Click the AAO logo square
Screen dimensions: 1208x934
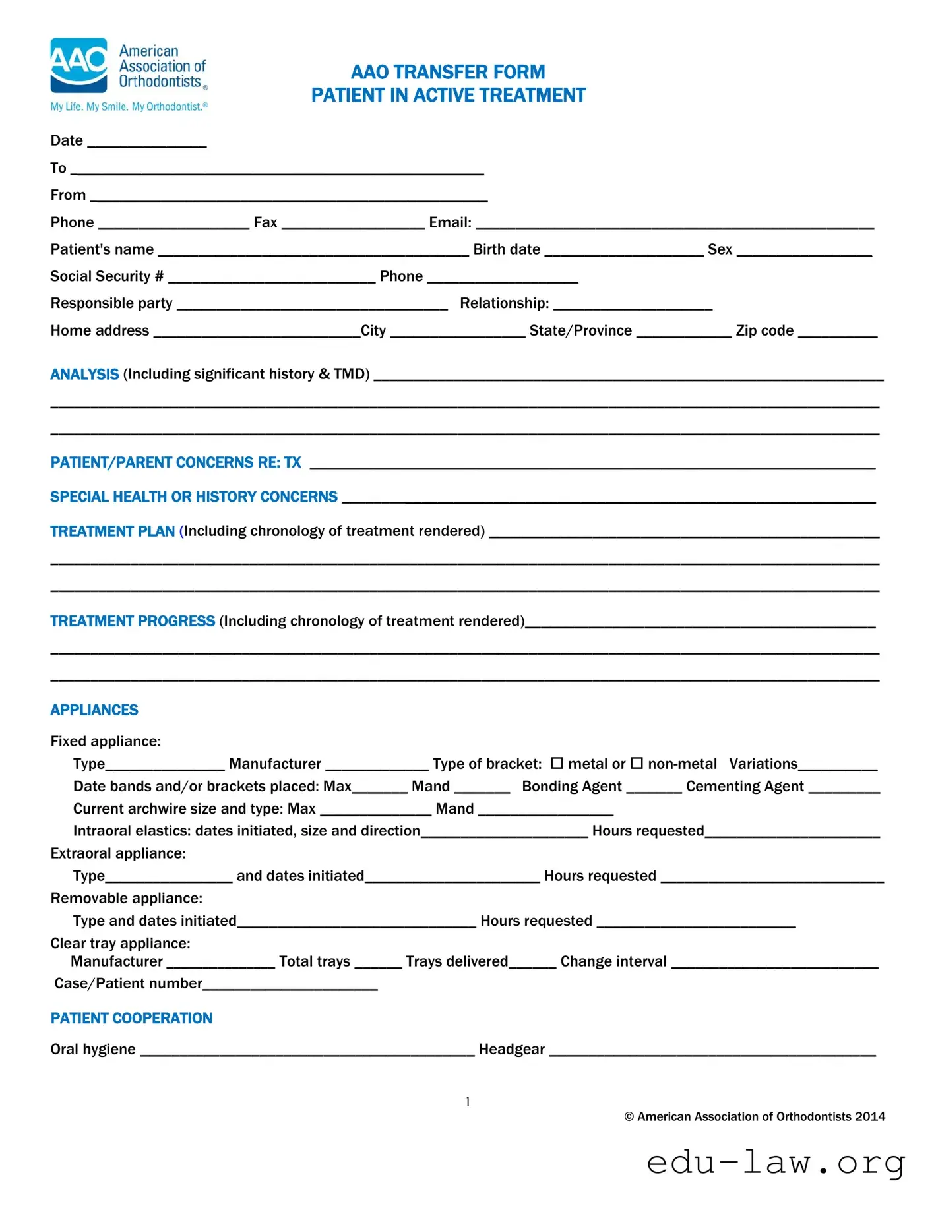click(x=78, y=65)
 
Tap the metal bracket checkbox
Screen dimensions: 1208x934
click(x=557, y=763)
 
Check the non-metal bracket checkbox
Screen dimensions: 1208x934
click(x=637, y=763)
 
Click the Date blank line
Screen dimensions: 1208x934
click(x=147, y=144)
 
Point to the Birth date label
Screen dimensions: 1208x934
click(x=507, y=249)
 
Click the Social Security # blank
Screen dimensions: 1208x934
click(x=272, y=280)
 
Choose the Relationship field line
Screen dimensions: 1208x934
click(x=633, y=307)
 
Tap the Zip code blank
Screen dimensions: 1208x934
click(x=838, y=334)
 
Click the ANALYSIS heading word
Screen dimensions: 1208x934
click(x=84, y=375)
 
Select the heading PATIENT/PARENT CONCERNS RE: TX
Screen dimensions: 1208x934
click(x=175, y=462)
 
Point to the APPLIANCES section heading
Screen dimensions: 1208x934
click(x=94, y=710)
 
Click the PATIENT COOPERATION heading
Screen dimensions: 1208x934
click(x=131, y=1018)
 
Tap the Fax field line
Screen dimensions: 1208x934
click(x=353, y=226)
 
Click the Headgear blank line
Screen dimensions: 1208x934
click(x=712, y=1053)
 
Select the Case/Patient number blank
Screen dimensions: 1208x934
click(x=290, y=987)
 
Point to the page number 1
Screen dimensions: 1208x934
click(x=468, y=1102)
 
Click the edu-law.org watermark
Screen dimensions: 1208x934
click(x=776, y=1163)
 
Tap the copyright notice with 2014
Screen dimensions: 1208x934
click(x=755, y=1116)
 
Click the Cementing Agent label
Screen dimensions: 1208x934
click(x=745, y=786)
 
